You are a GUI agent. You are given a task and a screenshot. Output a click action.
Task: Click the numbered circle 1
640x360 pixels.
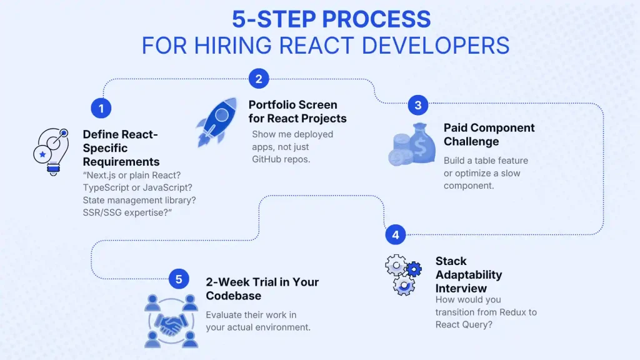101,109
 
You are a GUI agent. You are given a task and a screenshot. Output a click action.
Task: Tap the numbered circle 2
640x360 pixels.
258,79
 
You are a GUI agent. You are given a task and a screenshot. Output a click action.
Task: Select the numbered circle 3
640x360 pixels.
418,105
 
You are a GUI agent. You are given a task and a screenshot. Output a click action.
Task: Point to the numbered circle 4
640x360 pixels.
395,235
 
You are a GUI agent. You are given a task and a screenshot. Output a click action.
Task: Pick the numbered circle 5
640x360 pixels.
179,279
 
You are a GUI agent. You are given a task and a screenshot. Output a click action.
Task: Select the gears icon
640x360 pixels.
403,275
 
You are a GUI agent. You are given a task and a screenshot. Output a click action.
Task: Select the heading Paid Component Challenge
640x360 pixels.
489,134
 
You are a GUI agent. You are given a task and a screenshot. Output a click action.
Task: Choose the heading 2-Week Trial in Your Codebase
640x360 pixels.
262,288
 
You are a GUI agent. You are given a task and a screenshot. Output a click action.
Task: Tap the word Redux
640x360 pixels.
508,312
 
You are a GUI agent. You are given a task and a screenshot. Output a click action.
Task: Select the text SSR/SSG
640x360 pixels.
106,212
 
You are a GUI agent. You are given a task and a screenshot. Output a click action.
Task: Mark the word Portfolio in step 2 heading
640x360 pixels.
272,104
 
